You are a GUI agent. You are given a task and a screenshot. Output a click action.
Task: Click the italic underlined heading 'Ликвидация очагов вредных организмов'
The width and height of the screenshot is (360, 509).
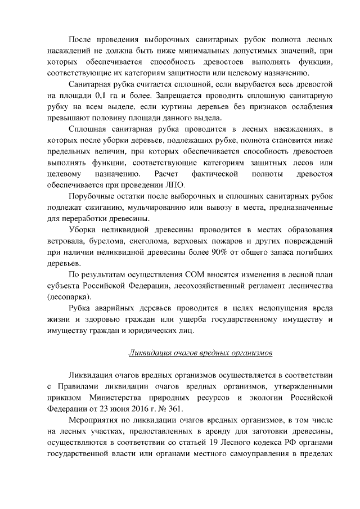[200, 353]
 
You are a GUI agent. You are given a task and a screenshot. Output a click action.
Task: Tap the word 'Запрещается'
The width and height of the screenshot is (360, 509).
[179, 95]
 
